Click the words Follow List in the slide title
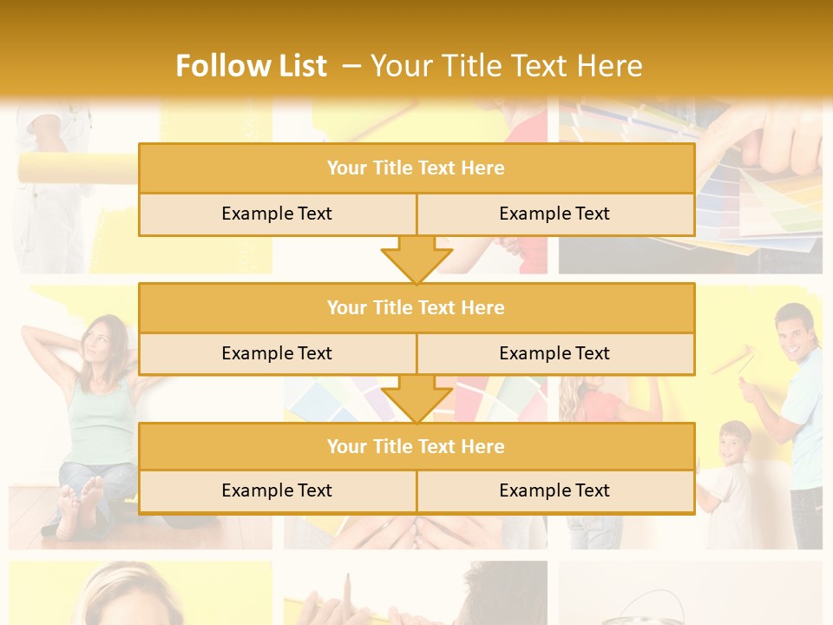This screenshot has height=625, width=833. (x=251, y=66)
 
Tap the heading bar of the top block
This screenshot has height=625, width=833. (x=416, y=168)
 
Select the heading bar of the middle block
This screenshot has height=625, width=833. (x=416, y=307)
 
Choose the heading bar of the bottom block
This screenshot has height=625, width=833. (x=416, y=446)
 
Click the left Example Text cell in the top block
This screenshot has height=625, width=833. (x=277, y=214)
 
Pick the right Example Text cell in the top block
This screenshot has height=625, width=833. (x=554, y=214)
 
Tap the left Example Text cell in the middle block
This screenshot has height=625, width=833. (x=277, y=353)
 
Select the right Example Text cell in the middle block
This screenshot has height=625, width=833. (x=554, y=353)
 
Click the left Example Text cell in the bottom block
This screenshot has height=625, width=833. (x=277, y=491)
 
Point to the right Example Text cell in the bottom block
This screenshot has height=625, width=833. (x=554, y=491)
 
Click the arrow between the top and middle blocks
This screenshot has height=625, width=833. (x=416, y=260)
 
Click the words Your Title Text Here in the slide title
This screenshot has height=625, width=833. (x=506, y=66)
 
